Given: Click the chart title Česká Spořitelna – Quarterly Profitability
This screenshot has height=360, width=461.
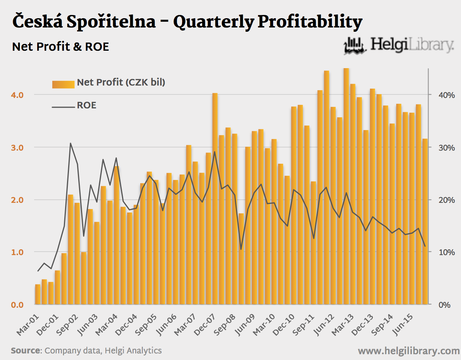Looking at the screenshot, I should click(x=187, y=22).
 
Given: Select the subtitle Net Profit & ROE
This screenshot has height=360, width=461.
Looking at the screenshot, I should click(x=60, y=47).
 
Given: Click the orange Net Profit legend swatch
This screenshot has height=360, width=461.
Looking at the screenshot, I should click(x=63, y=84).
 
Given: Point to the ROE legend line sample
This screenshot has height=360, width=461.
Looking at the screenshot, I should click(x=63, y=106).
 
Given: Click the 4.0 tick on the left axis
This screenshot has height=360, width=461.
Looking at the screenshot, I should click(x=17, y=95).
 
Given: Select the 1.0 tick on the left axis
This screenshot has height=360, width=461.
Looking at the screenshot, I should click(x=17, y=252).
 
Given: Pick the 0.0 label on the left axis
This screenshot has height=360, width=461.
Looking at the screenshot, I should click(x=17, y=305).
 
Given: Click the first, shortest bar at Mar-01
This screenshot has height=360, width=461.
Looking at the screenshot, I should click(x=38, y=295).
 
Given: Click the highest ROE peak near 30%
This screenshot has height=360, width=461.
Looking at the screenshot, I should click(x=71, y=143).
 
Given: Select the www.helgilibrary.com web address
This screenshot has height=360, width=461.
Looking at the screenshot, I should click(x=408, y=351).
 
